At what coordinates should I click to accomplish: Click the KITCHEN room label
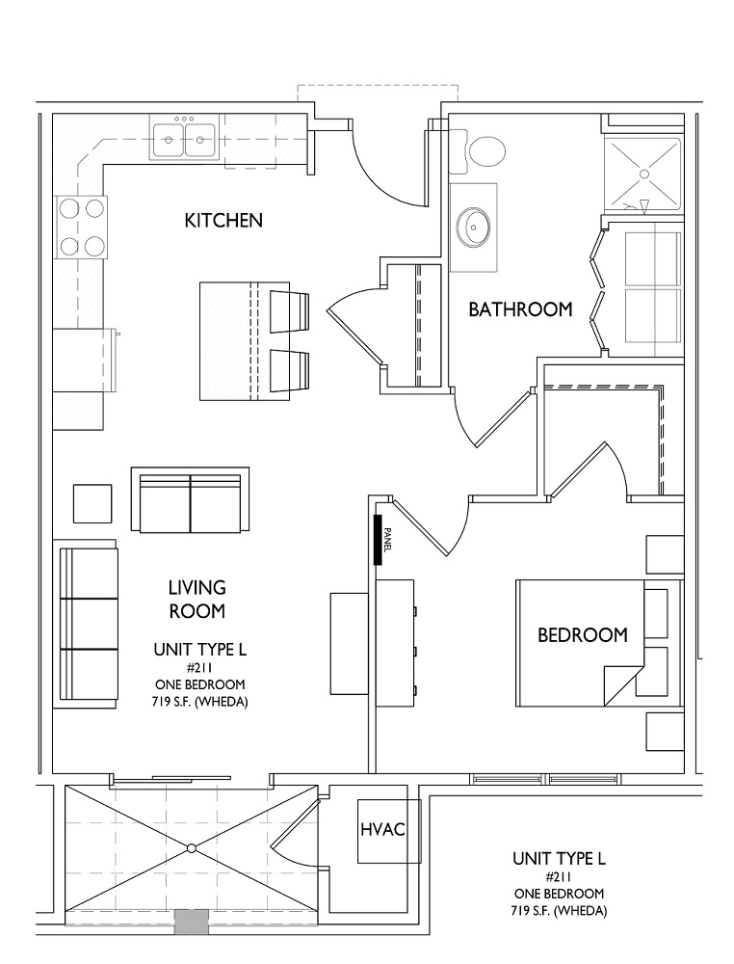(x=223, y=220)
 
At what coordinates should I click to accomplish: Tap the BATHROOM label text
(x=520, y=309)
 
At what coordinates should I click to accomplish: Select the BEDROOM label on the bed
(x=582, y=634)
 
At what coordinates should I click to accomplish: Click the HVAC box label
(x=382, y=829)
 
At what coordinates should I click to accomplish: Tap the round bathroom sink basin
(x=474, y=227)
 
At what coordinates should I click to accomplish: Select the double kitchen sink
(x=184, y=139)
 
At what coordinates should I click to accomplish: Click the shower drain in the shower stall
(x=644, y=174)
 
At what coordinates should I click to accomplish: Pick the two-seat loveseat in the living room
(x=190, y=499)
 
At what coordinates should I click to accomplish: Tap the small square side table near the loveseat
(x=92, y=503)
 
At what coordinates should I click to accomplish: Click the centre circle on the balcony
(x=191, y=848)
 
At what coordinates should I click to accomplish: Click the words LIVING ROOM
(x=197, y=600)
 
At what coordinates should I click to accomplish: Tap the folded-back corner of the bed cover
(x=623, y=684)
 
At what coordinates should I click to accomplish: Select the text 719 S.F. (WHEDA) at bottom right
(x=559, y=911)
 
